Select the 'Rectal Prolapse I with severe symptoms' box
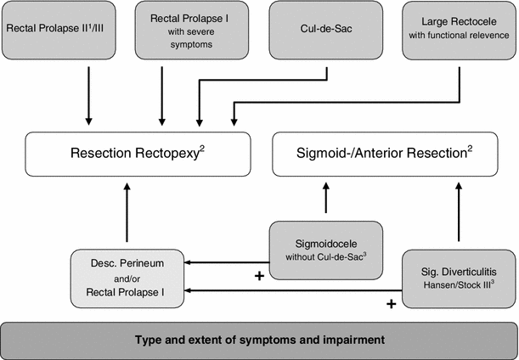click(185, 30)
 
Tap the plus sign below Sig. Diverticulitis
click(392, 302)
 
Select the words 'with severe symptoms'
click(185, 38)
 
